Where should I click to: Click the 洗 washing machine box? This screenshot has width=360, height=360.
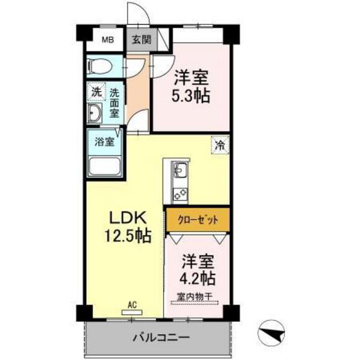click(96, 92)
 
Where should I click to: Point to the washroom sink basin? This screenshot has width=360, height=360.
click(95, 115)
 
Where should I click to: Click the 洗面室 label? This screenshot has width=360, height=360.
click(114, 103)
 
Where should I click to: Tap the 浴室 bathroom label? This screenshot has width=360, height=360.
click(105, 140)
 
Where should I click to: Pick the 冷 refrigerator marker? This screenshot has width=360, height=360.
click(220, 145)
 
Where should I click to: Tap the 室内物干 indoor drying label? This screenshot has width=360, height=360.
click(196, 298)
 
